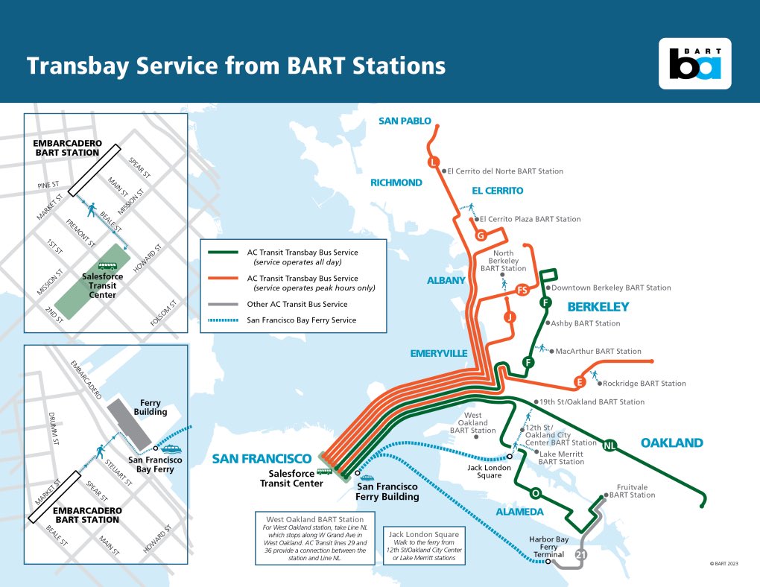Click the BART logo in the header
(695, 63)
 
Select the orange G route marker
(481, 236)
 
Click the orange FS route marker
(522, 289)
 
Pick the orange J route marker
(510, 317)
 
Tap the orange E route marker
(579, 382)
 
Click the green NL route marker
(610, 445)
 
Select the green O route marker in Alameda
(534, 493)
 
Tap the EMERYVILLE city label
(439, 353)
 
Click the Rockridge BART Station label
(644, 384)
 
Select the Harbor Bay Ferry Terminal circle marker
(548, 562)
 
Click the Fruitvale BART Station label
(633, 490)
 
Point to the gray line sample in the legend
(222, 305)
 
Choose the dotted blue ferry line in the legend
(222, 320)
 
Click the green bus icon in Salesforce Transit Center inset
(108, 265)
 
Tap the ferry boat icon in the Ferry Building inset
(170, 448)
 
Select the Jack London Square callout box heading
(422, 534)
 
